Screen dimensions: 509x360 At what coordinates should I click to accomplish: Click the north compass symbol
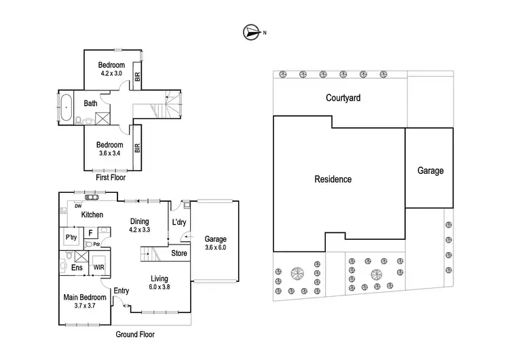(252, 33)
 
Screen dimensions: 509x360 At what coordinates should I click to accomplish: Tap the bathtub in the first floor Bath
(67, 107)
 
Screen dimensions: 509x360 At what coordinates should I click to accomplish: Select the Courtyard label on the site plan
(343, 98)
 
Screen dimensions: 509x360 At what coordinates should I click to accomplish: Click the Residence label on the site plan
(333, 179)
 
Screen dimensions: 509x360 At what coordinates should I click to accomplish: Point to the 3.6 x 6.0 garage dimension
(216, 247)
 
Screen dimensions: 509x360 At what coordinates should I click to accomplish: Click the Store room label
(179, 253)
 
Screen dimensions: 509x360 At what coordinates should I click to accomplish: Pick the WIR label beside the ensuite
(98, 268)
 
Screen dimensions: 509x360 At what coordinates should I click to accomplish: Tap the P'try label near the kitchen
(71, 237)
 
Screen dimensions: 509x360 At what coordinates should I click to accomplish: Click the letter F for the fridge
(90, 233)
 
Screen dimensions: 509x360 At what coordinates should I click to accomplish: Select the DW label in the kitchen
(78, 206)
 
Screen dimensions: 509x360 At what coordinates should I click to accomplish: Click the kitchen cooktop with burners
(92, 197)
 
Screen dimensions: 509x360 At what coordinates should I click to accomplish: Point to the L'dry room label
(179, 222)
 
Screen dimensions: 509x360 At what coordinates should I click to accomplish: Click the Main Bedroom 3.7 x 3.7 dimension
(85, 306)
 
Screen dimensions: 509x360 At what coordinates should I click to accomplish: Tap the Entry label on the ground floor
(121, 291)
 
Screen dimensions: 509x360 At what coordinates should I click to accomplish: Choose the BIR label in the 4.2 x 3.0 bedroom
(137, 77)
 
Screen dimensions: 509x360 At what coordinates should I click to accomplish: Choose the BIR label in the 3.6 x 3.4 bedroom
(137, 148)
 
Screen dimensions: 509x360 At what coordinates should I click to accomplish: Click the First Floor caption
(111, 177)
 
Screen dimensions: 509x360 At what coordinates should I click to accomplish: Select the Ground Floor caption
(135, 334)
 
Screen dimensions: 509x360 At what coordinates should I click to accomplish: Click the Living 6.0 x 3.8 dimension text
(159, 287)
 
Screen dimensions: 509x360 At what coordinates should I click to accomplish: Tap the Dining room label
(140, 221)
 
